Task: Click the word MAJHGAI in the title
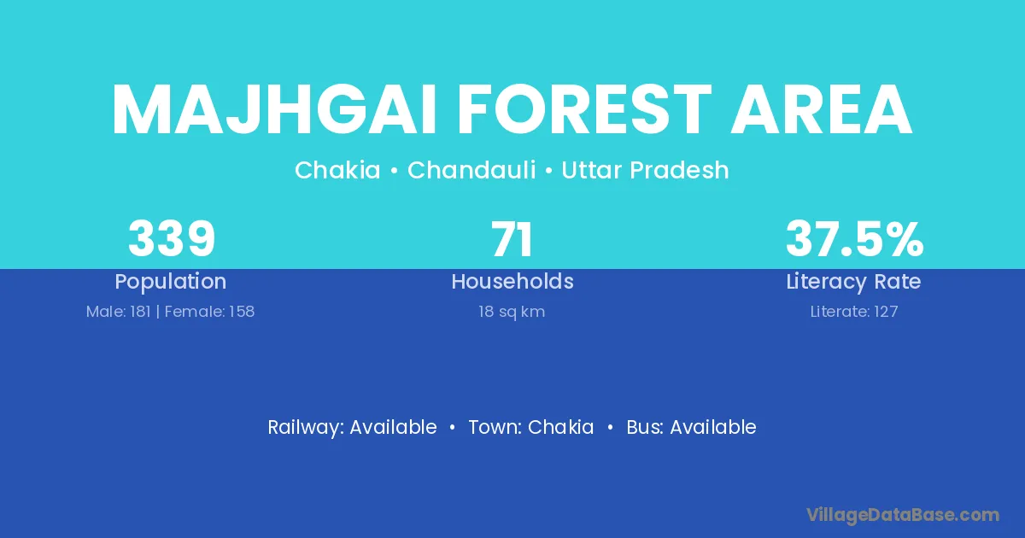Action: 274,109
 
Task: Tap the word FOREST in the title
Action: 585,109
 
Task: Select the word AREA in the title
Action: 822,109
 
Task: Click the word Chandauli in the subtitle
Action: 471,170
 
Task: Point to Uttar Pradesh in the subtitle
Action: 645,170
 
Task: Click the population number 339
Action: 172,238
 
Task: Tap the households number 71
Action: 512,239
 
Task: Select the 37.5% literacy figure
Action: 854,238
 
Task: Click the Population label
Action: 171,282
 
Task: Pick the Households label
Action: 512,281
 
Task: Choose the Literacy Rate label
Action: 853,282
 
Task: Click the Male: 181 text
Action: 119,312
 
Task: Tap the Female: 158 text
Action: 209,312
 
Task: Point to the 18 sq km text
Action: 512,312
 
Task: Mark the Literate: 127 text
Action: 854,312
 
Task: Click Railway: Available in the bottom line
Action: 352,427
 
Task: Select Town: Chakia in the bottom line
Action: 531,427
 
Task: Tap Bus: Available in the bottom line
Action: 691,427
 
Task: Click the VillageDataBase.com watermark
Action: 903,515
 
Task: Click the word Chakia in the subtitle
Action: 337,170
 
